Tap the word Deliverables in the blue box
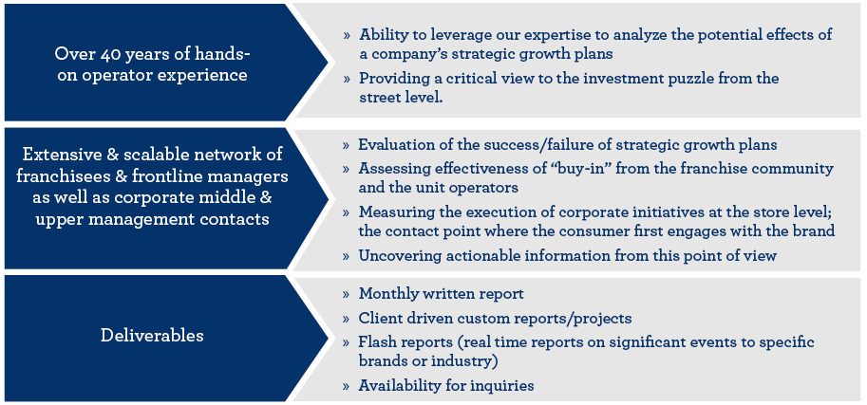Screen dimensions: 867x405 152,336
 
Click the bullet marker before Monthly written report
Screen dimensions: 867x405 347,294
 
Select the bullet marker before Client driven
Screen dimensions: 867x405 347,319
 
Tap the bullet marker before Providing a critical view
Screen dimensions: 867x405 347,79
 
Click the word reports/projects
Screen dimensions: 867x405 577,319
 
